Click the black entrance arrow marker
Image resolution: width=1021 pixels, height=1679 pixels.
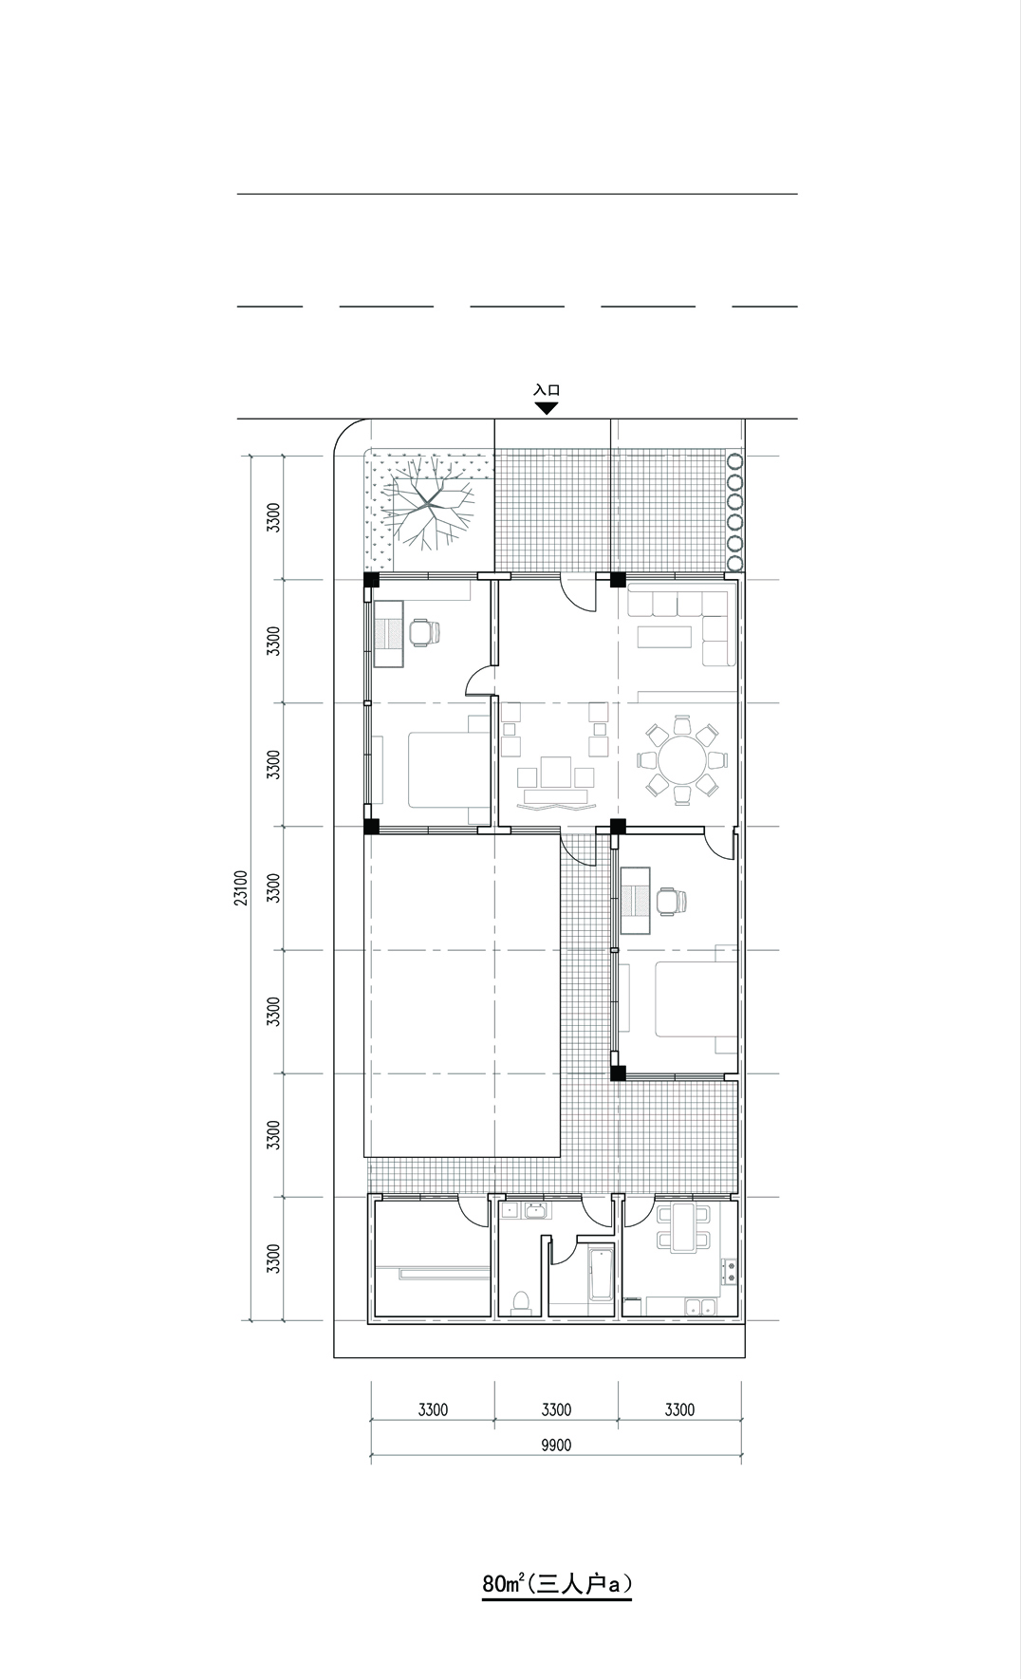point(546,408)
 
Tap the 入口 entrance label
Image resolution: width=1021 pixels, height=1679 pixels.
point(547,389)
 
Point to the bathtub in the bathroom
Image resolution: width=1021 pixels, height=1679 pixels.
point(602,1277)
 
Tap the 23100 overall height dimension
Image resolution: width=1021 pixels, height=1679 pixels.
point(241,887)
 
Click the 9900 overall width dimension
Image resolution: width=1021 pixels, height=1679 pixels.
point(556,1446)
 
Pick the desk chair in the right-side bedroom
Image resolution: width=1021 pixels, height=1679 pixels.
point(669,901)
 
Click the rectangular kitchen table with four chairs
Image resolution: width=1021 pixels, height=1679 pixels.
point(681,1228)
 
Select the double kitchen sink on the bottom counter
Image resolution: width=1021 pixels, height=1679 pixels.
point(703,1307)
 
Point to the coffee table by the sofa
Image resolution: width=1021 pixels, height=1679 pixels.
point(665,635)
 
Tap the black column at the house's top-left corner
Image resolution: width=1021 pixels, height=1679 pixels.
point(371,580)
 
